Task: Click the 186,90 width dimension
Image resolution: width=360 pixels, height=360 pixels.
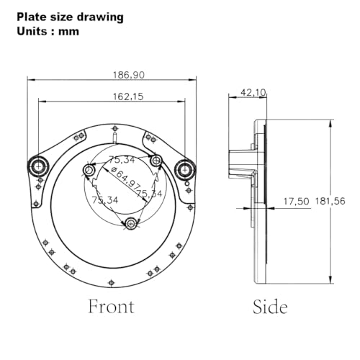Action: click(x=129, y=75)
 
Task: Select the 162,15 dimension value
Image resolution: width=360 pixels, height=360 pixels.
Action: click(x=128, y=96)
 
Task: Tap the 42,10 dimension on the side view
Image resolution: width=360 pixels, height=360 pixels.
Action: click(x=253, y=92)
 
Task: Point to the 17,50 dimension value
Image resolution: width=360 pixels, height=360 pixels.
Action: click(x=297, y=202)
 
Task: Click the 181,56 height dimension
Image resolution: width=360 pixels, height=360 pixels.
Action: click(x=330, y=201)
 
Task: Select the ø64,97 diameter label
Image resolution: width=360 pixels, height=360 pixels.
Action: click(x=126, y=177)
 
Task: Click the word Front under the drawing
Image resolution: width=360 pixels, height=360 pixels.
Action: click(x=112, y=307)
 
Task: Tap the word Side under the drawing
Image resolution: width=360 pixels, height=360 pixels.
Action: click(x=270, y=307)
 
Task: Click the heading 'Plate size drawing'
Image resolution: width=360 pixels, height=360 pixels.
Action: click(x=70, y=17)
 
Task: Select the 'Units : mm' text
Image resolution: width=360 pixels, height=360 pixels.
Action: click(x=48, y=32)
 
